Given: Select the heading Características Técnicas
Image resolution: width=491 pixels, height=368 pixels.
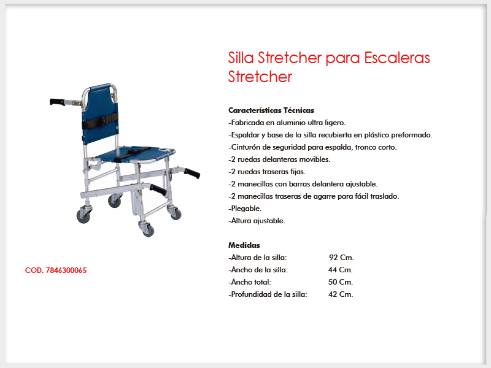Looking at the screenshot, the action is click(x=271, y=110).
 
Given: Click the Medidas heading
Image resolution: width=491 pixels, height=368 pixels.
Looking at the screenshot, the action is click(x=244, y=245).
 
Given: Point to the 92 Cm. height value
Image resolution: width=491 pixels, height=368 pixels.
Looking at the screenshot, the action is click(x=341, y=258).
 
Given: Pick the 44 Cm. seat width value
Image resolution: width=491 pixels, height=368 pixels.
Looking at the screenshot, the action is click(x=341, y=270).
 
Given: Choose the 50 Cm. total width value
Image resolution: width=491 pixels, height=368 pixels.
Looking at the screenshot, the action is click(x=341, y=282).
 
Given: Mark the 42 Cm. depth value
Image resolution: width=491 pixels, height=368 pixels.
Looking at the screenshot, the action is click(x=341, y=294).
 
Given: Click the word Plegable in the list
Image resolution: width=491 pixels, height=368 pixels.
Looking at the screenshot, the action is click(x=246, y=209).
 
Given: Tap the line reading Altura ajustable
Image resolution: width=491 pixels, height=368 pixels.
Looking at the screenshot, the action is click(x=257, y=221).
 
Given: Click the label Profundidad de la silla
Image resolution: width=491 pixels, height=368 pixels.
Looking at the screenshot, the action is click(x=268, y=294).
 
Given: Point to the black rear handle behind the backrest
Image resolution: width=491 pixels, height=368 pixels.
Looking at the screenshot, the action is click(x=57, y=102).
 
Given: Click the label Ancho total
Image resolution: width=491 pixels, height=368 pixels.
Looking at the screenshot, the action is click(x=250, y=282).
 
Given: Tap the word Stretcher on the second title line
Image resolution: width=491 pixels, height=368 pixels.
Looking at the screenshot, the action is click(x=260, y=77).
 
